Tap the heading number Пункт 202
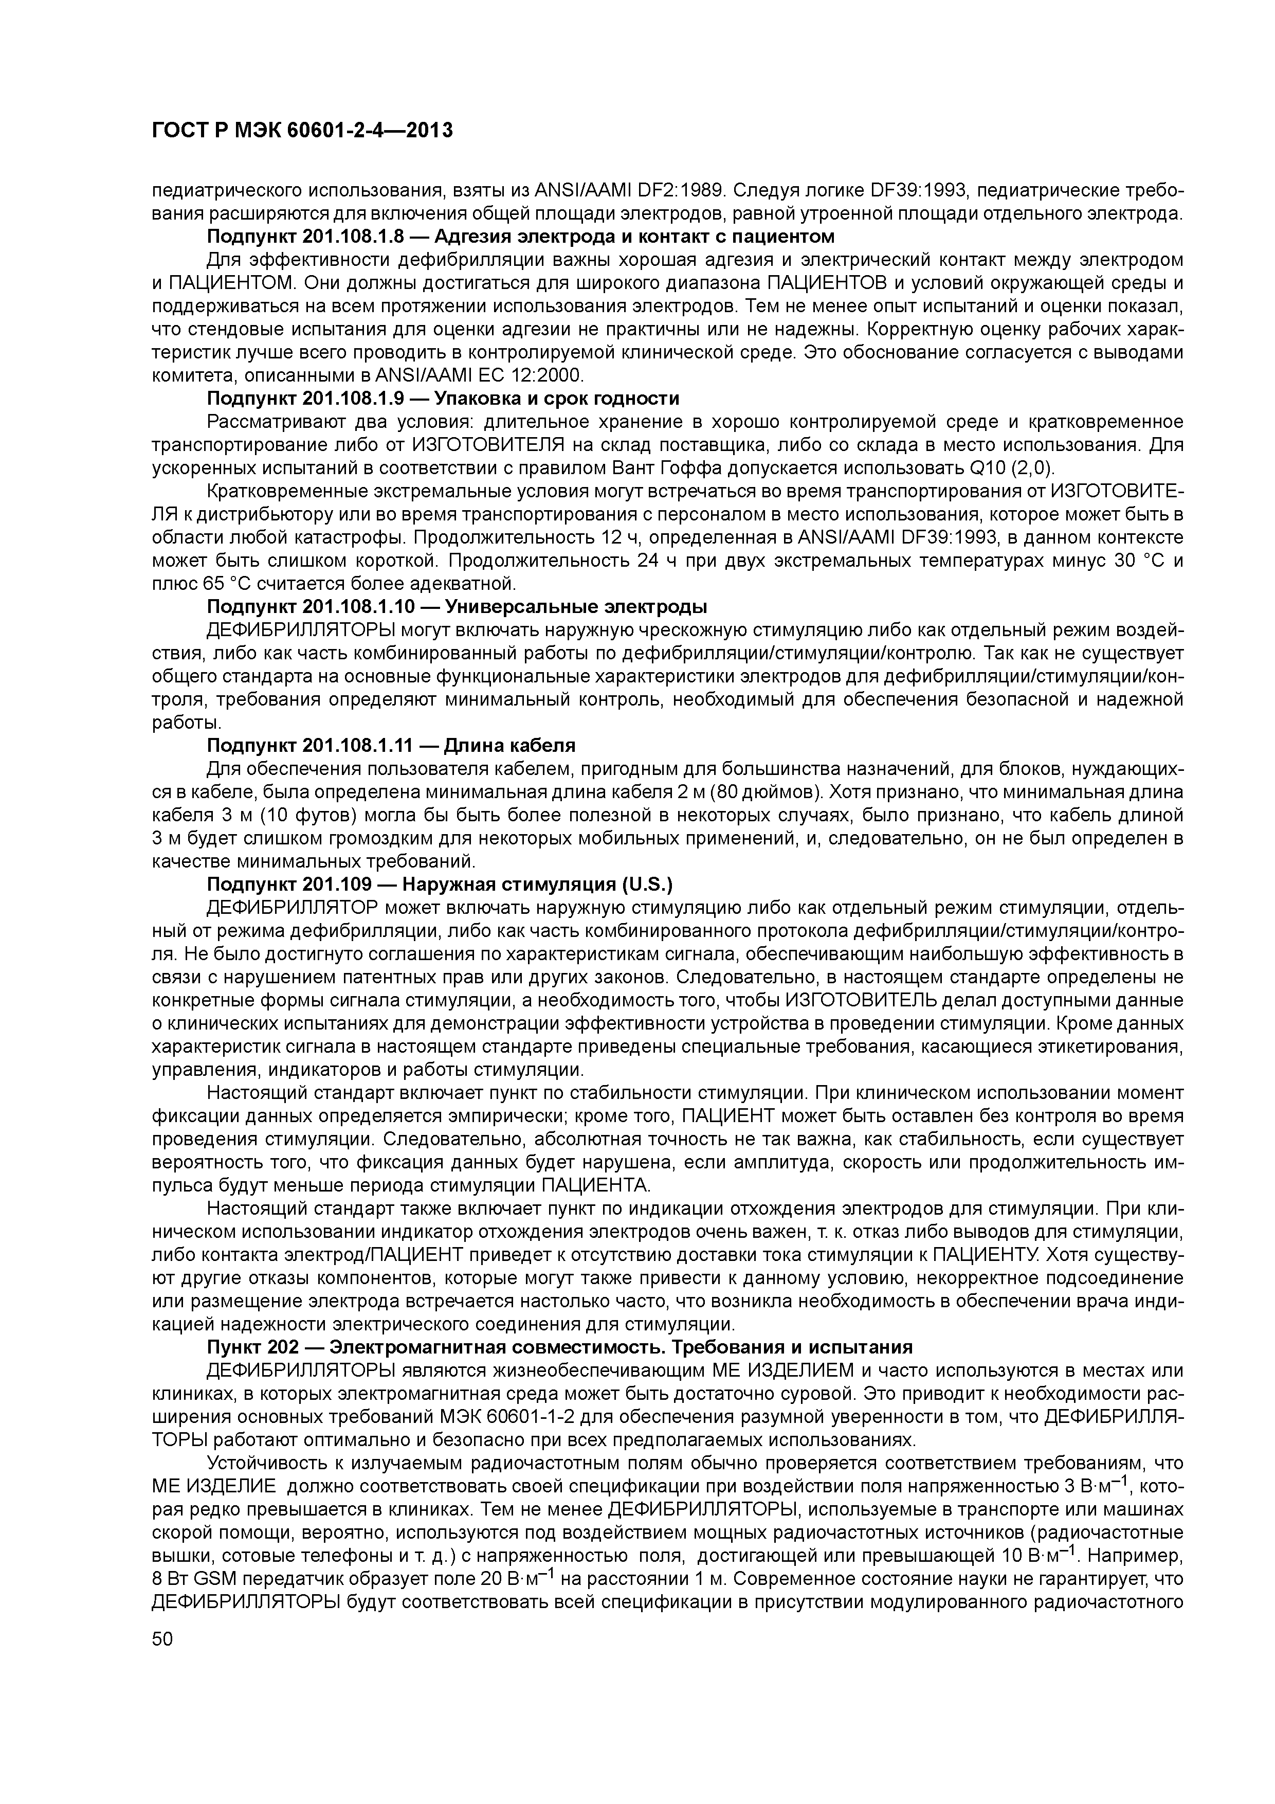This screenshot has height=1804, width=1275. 256,1347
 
